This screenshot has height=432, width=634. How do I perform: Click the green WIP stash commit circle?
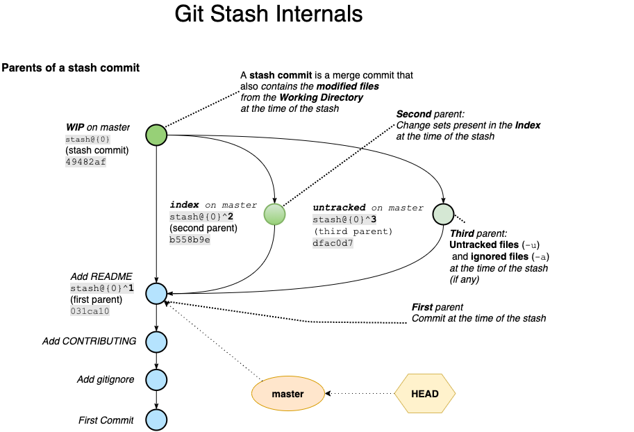(x=156, y=135)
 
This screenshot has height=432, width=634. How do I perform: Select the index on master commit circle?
(x=275, y=214)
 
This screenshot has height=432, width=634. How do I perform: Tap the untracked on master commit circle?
(x=443, y=214)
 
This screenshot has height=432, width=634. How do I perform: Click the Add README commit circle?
(x=156, y=294)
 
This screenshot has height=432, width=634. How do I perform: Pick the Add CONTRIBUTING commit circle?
(x=156, y=341)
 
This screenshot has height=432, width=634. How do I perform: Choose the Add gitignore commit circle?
(x=156, y=379)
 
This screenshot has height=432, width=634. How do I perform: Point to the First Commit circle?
(x=156, y=419)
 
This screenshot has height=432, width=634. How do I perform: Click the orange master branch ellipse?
(x=287, y=394)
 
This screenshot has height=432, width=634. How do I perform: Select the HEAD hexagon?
(x=425, y=394)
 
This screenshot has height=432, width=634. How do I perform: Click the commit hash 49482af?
(x=86, y=162)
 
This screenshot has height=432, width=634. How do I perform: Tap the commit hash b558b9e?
(x=190, y=240)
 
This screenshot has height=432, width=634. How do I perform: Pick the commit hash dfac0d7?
(x=333, y=243)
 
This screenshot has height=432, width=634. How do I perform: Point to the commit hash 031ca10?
(x=90, y=311)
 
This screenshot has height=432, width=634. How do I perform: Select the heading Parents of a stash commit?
(x=71, y=67)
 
